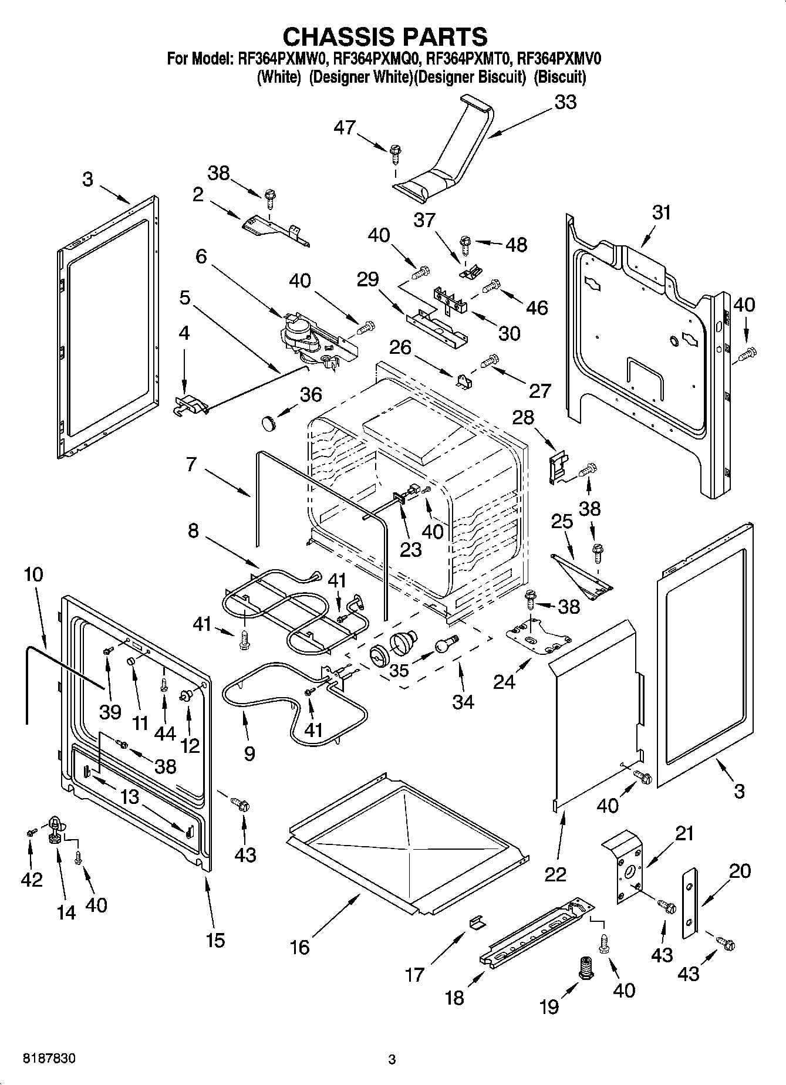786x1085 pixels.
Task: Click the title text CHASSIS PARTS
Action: coord(385,36)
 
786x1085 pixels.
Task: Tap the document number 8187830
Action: coord(49,1059)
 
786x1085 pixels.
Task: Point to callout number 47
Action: coord(345,127)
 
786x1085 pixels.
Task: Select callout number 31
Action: coord(662,212)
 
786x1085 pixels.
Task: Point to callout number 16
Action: coord(300,947)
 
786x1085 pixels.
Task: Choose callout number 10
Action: coord(34,574)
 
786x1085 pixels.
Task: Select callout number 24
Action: coord(504,682)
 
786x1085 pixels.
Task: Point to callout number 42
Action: coord(32,878)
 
